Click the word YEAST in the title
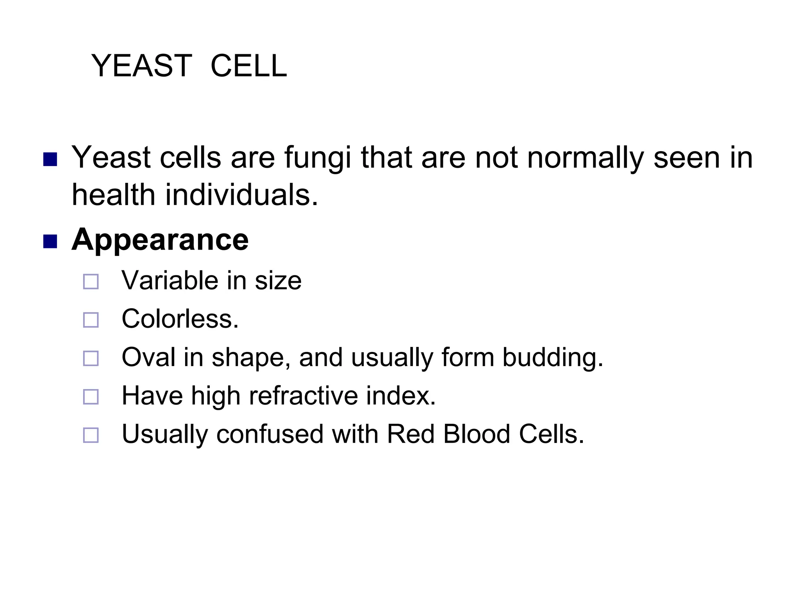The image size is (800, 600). pos(141,66)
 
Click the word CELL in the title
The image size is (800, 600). pos(248,66)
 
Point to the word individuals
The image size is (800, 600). pos(241,195)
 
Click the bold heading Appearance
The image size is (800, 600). pos(160,239)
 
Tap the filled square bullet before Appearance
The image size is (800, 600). pos(50,241)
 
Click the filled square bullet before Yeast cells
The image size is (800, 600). pos(50,159)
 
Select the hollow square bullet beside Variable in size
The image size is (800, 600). pos(91,282)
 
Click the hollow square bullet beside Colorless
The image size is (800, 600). pos(91,320)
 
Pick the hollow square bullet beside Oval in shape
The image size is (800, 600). pos(91,358)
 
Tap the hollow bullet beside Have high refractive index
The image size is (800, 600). pos(91,396)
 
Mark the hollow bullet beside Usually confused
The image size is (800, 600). pos(91,435)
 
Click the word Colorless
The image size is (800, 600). pos(180,319)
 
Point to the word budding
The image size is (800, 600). pos(552,357)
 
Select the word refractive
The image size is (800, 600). pos(303,396)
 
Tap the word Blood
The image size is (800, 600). pos(477,434)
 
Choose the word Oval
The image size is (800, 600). pos(148,357)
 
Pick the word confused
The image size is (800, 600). pos(270,434)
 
